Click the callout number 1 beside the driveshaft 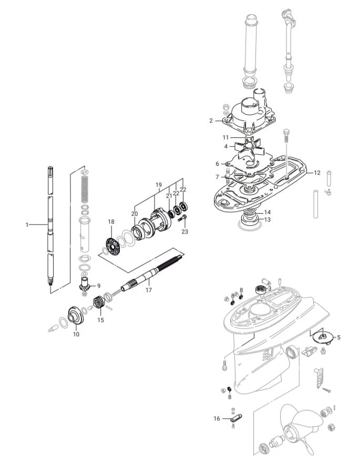tap(27, 225)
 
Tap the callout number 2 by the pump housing tap(211, 120)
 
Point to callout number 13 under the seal tap(268, 219)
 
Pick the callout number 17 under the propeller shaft tap(149, 290)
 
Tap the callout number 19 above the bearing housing tap(158, 185)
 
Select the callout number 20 tap(135, 214)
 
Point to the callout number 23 tap(184, 231)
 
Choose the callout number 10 tap(76, 334)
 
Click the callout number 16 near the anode tap(217, 419)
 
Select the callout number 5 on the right tap(339, 337)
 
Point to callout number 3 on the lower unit tap(270, 288)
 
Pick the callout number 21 tap(169, 196)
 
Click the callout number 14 tap(268, 213)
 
